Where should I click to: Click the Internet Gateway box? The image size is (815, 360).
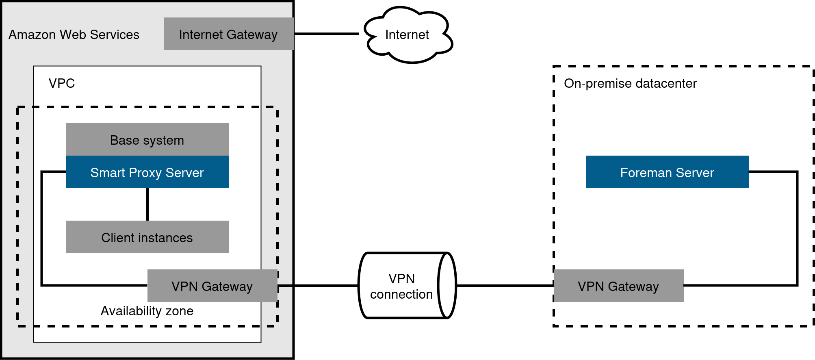click(228, 34)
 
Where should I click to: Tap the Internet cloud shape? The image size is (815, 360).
click(407, 35)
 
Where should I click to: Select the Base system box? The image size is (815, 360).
click(147, 140)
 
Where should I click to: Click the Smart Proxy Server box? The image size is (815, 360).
click(147, 172)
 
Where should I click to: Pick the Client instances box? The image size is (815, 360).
click(147, 237)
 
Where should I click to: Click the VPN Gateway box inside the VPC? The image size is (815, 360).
click(212, 286)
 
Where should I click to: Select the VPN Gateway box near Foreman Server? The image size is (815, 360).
click(618, 286)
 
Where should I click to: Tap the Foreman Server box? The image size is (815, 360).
click(667, 172)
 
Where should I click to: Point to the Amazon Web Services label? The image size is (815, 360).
click(74, 35)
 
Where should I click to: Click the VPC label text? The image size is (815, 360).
click(62, 83)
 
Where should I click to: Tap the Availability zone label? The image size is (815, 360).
click(147, 311)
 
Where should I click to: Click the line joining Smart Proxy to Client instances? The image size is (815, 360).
click(147, 204)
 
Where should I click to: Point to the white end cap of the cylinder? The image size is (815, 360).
click(447, 286)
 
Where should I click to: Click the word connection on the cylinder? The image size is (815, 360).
click(401, 294)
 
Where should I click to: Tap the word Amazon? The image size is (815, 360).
click(32, 35)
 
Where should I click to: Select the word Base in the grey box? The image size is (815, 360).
click(124, 140)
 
